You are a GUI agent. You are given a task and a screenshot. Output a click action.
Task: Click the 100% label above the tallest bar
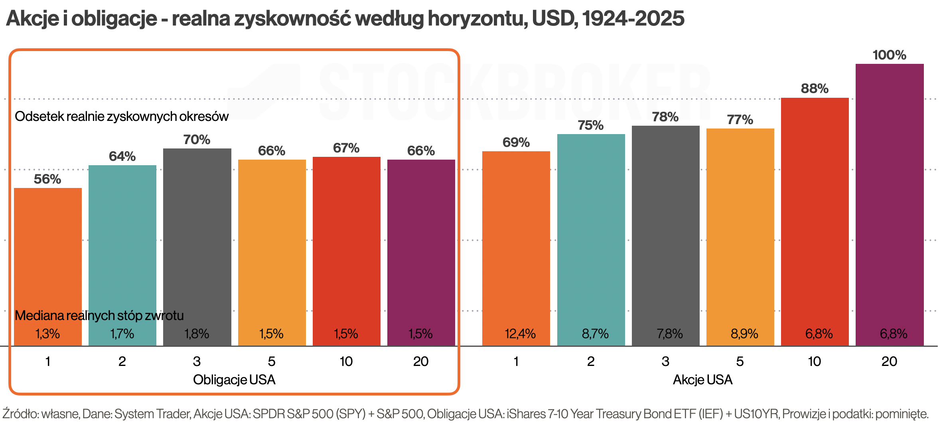pyautogui.click(x=889, y=55)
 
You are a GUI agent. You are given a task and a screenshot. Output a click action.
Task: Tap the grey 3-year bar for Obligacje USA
pyautogui.click(x=197, y=239)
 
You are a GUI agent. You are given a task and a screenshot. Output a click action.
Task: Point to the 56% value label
pyautogui.click(x=47, y=179)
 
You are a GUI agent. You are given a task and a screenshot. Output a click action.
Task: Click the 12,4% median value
pyautogui.click(x=520, y=334)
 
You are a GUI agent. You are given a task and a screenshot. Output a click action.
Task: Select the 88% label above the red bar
pyautogui.click(x=815, y=89)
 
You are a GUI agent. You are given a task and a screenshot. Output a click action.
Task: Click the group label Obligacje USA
pyautogui.click(x=234, y=380)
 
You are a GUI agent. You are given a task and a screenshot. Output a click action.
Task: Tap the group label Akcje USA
pyautogui.click(x=702, y=380)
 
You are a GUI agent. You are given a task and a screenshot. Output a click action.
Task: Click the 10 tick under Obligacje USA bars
pyautogui.click(x=346, y=362)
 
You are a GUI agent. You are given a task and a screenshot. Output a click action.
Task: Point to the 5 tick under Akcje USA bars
pyautogui.click(x=740, y=362)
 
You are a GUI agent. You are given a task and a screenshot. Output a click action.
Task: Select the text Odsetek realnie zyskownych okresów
pyautogui.click(x=122, y=117)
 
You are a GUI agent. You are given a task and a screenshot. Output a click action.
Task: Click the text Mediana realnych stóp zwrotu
pyautogui.click(x=99, y=316)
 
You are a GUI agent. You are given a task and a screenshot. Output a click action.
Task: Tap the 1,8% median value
pyautogui.click(x=197, y=334)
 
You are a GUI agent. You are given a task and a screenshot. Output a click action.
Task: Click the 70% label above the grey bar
pyautogui.click(x=197, y=140)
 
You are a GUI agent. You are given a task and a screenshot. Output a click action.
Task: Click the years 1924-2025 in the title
pyautogui.click(x=633, y=19)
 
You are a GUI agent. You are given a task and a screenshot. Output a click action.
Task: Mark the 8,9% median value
pyautogui.click(x=744, y=334)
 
